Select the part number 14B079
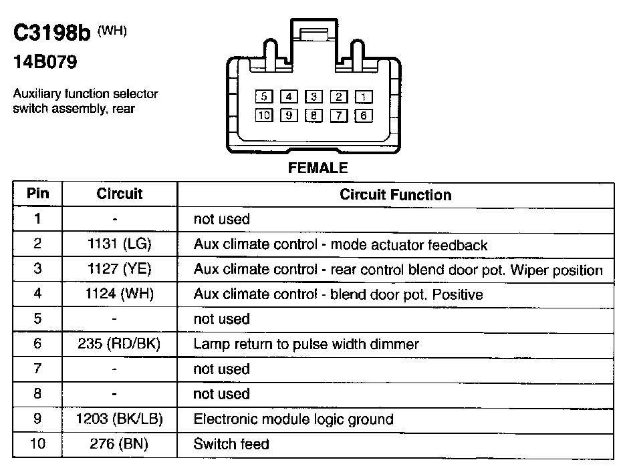pyautogui.click(x=45, y=63)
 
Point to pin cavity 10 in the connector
pyautogui.click(x=264, y=115)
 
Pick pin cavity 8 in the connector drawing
pyautogui.click(x=314, y=115)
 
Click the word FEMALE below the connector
pyautogui.click(x=318, y=168)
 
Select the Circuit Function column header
pyautogui.click(x=396, y=195)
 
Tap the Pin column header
pyautogui.click(x=37, y=194)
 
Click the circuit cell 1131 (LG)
pyautogui.click(x=120, y=244)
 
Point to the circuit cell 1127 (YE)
pyautogui.click(x=120, y=270)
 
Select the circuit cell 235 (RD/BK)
pyautogui.click(x=120, y=344)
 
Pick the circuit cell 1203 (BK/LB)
pyautogui.click(x=120, y=419)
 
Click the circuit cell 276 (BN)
pyautogui.click(x=120, y=444)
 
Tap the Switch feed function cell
pyautogui.click(x=231, y=444)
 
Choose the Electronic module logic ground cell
pyautogui.click(x=293, y=419)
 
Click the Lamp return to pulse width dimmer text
pyautogui.click(x=306, y=344)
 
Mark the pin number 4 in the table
pyautogui.click(x=37, y=294)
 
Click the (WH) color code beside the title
pyautogui.click(x=112, y=30)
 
